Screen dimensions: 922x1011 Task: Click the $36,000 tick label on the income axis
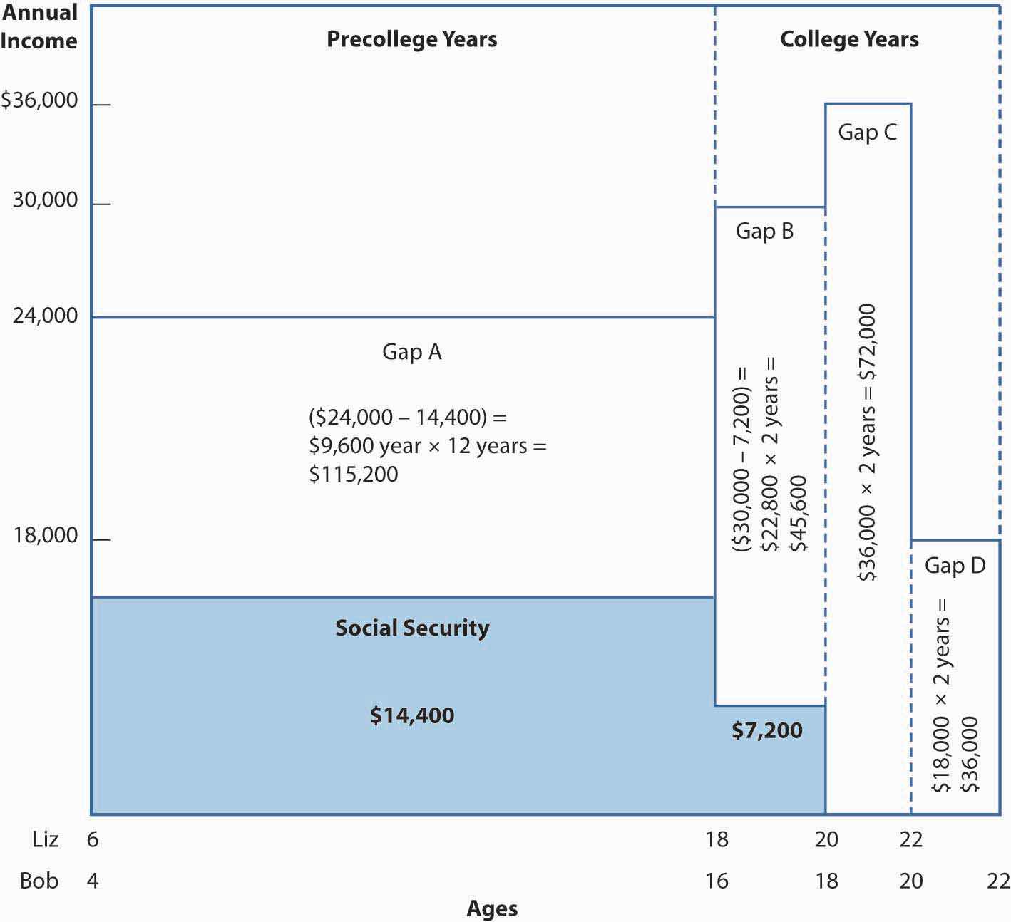(x=40, y=100)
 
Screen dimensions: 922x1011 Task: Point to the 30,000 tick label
(x=46, y=200)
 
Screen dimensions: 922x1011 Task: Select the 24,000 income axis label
(x=46, y=315)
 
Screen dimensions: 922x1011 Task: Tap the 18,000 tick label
(x=46, y=535)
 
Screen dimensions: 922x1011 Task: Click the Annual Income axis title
(x=39, y=26)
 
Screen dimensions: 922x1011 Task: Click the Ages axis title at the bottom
(x=492, y=908)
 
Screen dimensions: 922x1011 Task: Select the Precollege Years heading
(x=412, y=39)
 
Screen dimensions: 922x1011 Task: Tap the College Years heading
(x=849, y=39)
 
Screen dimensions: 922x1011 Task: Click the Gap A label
(x=412, y=352)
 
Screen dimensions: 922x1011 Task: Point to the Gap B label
(x=764, y=231)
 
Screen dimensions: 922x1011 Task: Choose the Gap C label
(x=867, y=132)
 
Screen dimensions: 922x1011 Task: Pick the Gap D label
(x=955, y=566)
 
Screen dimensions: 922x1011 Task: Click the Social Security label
(x=412, y=628)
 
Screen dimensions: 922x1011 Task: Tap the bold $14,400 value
(x=412, y=715)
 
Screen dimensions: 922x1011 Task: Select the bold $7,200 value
(x=767, y=730)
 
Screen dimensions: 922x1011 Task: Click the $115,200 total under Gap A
(x=354, y=475)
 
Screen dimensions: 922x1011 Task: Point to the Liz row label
(x=46, y=839)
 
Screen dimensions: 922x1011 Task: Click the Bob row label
(x=39, y=881)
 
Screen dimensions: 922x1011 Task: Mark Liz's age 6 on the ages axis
(x=93, y=839)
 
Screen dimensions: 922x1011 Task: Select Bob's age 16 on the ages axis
(x=717, y=881)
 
